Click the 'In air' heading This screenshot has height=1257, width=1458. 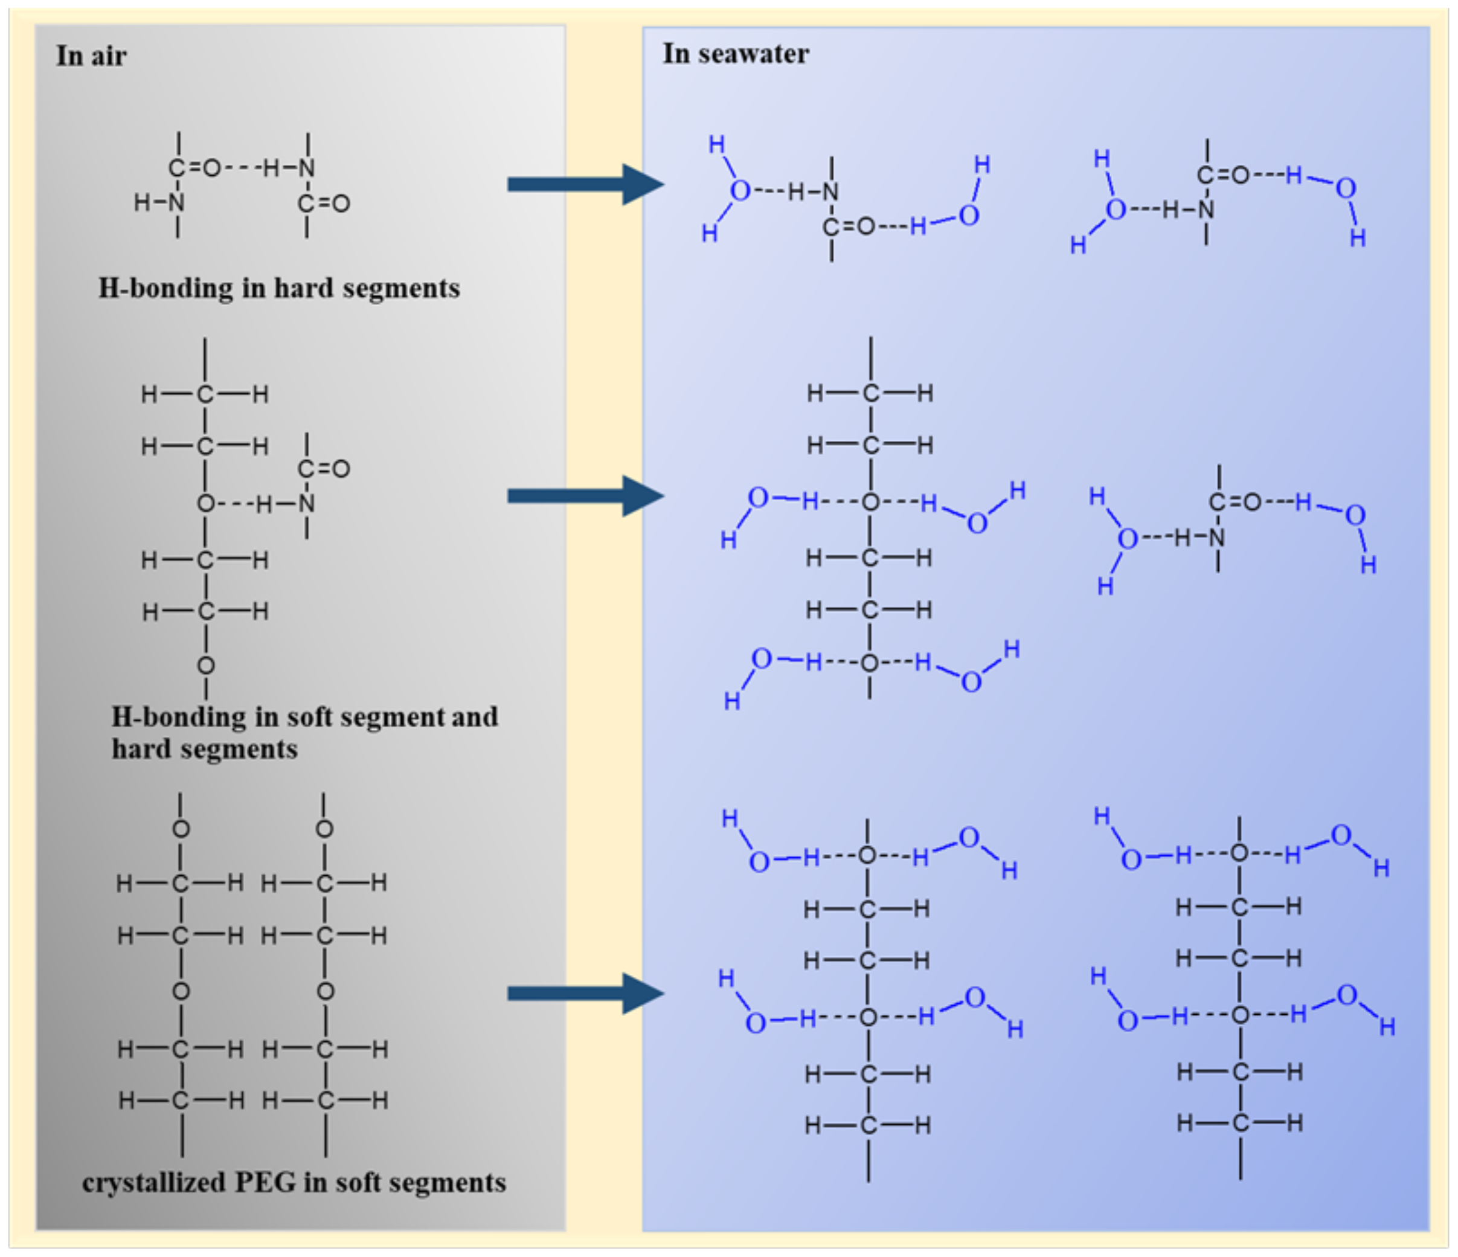91,56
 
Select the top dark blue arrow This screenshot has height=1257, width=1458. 584,184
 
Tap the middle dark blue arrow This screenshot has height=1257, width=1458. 584,496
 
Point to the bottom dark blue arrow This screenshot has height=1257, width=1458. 584,993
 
